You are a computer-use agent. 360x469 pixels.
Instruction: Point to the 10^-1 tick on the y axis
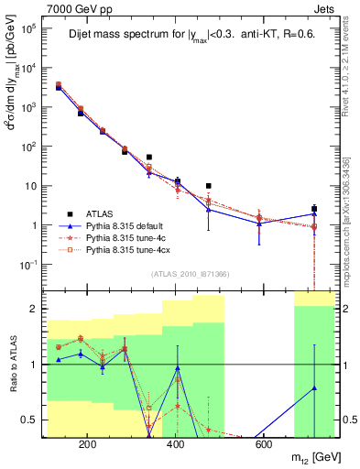tap(29, 265)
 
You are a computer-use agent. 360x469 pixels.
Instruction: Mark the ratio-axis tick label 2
tap(34, 309)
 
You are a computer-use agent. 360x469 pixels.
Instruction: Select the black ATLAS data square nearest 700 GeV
tap(314, 209)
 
